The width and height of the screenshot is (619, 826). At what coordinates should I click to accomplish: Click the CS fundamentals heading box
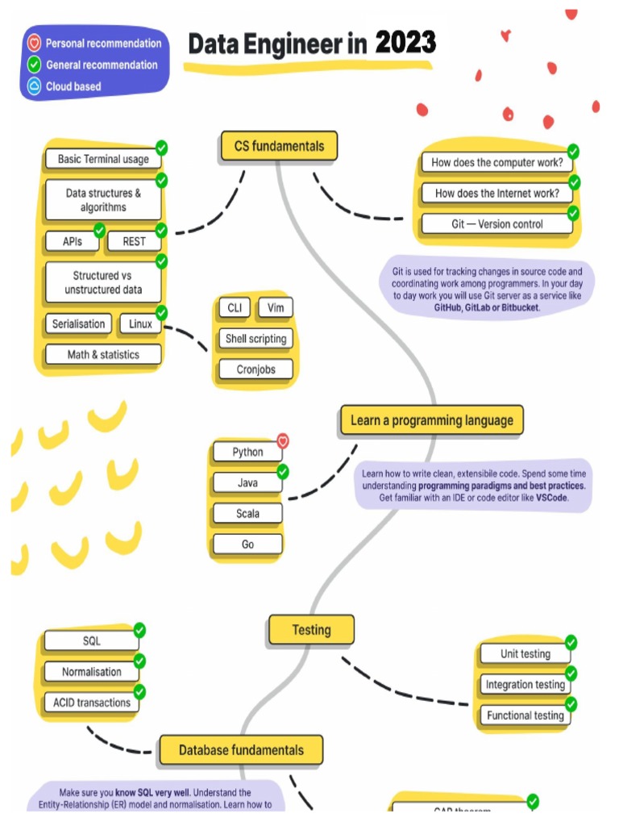pos(279,146)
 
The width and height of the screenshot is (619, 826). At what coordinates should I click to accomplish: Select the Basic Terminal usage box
pos(103,159)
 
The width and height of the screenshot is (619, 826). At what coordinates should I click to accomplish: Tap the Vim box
pos(276,308)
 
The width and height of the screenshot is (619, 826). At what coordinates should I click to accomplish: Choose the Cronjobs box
pos(255,369)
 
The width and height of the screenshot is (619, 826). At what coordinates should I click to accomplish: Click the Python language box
pos(247,452)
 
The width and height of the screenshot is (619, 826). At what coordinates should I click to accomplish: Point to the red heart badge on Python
pos(283,440)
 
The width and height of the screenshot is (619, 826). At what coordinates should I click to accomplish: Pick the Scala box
pos(247,514)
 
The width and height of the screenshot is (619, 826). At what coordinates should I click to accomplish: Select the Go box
pos(247,544)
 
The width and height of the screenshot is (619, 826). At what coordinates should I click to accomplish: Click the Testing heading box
pos(311,630)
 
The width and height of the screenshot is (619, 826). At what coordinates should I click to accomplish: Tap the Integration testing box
pos(525,685)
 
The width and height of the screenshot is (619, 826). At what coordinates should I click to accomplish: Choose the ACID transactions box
pos(92,703)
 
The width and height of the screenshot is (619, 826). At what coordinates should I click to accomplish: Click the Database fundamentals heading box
pos(241,750)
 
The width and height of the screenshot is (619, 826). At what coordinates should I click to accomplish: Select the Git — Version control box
pos(496,224)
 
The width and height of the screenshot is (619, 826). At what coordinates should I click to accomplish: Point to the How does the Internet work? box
pos(496,194)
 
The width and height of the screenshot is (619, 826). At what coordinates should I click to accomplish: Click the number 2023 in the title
pos(405,43)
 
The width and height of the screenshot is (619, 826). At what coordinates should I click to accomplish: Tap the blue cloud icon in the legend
pos(34,86)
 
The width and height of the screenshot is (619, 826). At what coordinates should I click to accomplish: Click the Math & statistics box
pos(103,354)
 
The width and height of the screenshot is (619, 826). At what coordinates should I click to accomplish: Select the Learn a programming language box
pos(431,420)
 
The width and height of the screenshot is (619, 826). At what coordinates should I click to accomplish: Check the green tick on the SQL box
pos(139,630)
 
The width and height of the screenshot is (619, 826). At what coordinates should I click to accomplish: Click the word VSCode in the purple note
pos(552,499)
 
